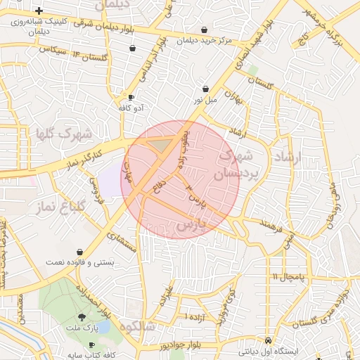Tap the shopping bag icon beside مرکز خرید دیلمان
pos(204,30)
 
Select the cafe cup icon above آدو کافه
pos(131,98)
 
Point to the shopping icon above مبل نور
pos(205,89)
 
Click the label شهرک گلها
pos(64,132)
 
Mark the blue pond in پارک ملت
pos(103,328)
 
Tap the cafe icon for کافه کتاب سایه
pos(91,345)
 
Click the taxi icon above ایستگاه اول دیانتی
pos(268,340)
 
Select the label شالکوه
pos(136,327)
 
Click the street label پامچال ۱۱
pos(289,276)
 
